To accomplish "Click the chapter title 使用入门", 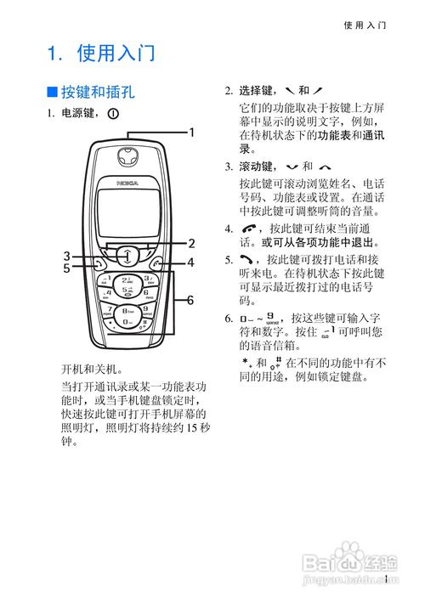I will pos(115,54).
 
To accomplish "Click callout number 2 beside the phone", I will pos(191,242).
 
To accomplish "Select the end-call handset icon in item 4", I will pos(248,229).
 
